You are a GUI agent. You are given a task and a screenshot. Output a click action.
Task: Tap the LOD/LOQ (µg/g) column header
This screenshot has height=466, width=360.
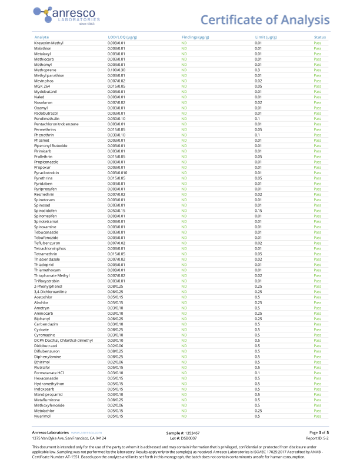pos(122,37)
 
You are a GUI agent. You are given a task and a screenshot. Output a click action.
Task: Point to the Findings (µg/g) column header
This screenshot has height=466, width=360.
pos(195,37)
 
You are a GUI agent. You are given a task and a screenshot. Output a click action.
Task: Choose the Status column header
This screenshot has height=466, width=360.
pos(319,37)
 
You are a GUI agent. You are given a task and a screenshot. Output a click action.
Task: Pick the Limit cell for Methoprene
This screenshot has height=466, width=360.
pos(257,70)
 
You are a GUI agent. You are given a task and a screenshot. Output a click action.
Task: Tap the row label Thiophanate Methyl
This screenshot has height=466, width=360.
pos(52,275)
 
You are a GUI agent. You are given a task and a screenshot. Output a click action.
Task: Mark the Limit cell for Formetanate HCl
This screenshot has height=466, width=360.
pos(257,372)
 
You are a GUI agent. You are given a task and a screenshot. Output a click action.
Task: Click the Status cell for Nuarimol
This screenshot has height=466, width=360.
pos(318,416)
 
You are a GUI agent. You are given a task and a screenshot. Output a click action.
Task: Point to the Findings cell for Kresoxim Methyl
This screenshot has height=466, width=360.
pos(184,43)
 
